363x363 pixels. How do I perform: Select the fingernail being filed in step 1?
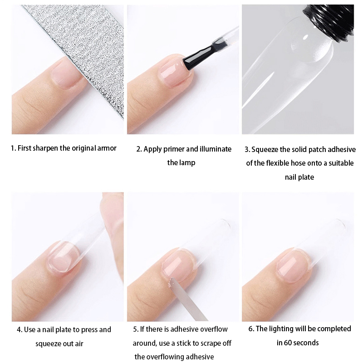point(66,74)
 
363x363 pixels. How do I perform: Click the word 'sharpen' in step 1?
point(45,148)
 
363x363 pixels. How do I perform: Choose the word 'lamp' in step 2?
point(187,163)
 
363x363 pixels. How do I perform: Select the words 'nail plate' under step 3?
point(299,177)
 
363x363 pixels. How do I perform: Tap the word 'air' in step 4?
point(78,344)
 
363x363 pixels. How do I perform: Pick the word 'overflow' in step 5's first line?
point(213,329)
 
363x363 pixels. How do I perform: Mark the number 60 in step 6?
point(288,343)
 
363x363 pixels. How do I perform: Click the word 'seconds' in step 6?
point(306,343)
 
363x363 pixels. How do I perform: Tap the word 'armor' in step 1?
point(107,148)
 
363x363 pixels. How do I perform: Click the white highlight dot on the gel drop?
point(305,37)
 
